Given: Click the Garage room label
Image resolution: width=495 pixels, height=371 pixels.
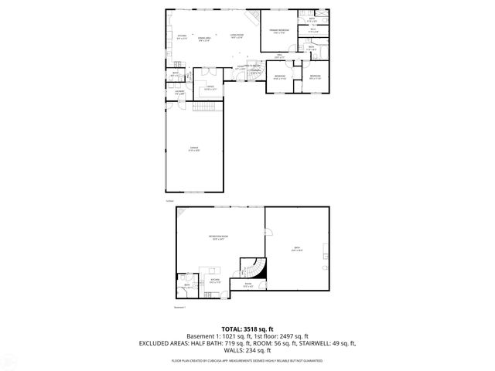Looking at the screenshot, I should [x=193, y=148].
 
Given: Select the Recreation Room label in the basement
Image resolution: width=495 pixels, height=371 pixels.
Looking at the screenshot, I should [x=217, y=237].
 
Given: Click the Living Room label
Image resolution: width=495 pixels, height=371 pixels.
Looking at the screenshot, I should [x=237, y=36].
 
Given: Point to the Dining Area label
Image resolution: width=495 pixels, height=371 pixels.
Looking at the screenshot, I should [x=205, y=39].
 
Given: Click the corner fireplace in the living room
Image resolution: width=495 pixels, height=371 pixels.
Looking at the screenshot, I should [x=250, y=18].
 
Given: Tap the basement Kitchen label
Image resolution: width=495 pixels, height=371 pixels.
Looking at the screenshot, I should [x=216, y=281].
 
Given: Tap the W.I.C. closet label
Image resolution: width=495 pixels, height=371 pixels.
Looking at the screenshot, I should [x=313, y=30].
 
